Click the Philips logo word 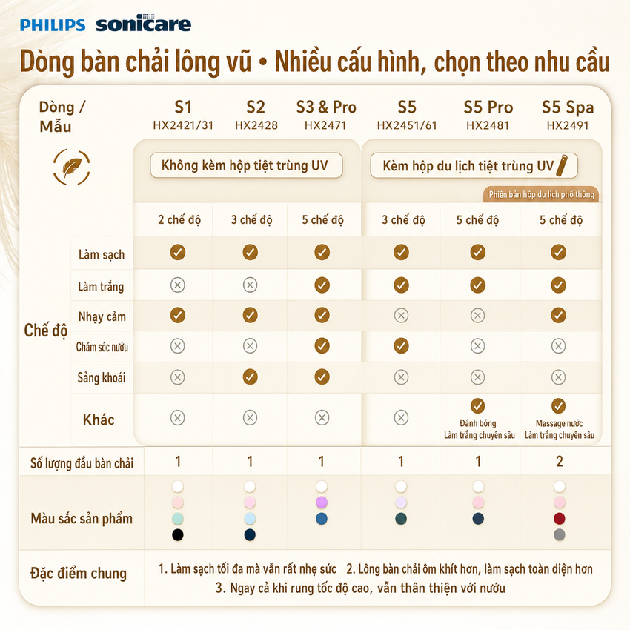pyautogui.click(x=53, y=25)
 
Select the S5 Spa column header pyautogui.click(x=567, y=107)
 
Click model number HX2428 pyautogui.click(x=256, y=125)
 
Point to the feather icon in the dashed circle pyautogui.click(x=72, y=167)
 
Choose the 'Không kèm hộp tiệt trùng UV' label pyautogui.click(x=245, y=165)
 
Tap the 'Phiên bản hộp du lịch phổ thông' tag pyautogui.click(x=541, y=194)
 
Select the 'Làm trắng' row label pyautogui.click(x=101, y=287)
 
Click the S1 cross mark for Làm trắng pyautogui.click(x=178, y=285)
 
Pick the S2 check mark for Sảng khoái pyautogui.click(x=250, y=377)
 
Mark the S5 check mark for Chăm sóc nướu pyautogui.click(x=401, y=345)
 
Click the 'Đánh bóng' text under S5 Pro pyautogui.click(x=478, y=423)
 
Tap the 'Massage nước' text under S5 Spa pyautogui.click(x=559, y=423)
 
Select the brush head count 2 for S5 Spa pyautogui.click(x=560, y=462)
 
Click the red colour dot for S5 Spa pyautogui.click(x=560, y=518)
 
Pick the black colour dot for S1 pyautogui.click(x=178, y=535)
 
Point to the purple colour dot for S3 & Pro pyautogui.click(x=322, y=503)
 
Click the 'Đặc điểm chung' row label pyautogui.click(x=79, y=574)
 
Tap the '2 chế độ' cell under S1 pyautogui.click(x=179, y=220)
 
